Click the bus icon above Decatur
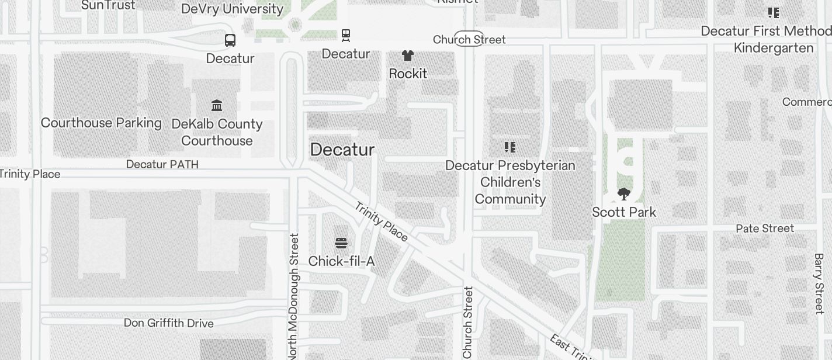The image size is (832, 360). [x=230, y=40]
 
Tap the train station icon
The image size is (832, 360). [x=346, y=36]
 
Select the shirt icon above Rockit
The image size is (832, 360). [x=408, y=56]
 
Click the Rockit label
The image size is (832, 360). [x=408, y=74]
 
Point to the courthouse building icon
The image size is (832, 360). [x=217, y=106]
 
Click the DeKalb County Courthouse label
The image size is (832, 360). [x=217, y=132]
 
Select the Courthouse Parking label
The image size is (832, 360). [x=101, y=123]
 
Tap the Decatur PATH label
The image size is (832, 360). [x=162, y=164]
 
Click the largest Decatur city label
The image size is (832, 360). [x=342, y=150]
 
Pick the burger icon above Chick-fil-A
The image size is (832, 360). [x=341, y=243]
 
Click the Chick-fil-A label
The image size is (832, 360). [x=341, y=261]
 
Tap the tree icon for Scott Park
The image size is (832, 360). [x=624, y=194]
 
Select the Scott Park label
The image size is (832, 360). [x=624, y=212]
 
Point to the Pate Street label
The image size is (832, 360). [x=765, y=228]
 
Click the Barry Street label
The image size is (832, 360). [x=819, y=283]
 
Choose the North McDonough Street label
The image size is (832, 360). [x=294, y=296]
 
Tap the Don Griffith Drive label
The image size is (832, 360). [x=168, y=323]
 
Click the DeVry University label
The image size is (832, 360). [x=232, y=9]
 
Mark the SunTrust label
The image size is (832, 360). [x=108, y=5]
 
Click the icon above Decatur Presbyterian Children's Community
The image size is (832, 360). [x=510, y=147]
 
